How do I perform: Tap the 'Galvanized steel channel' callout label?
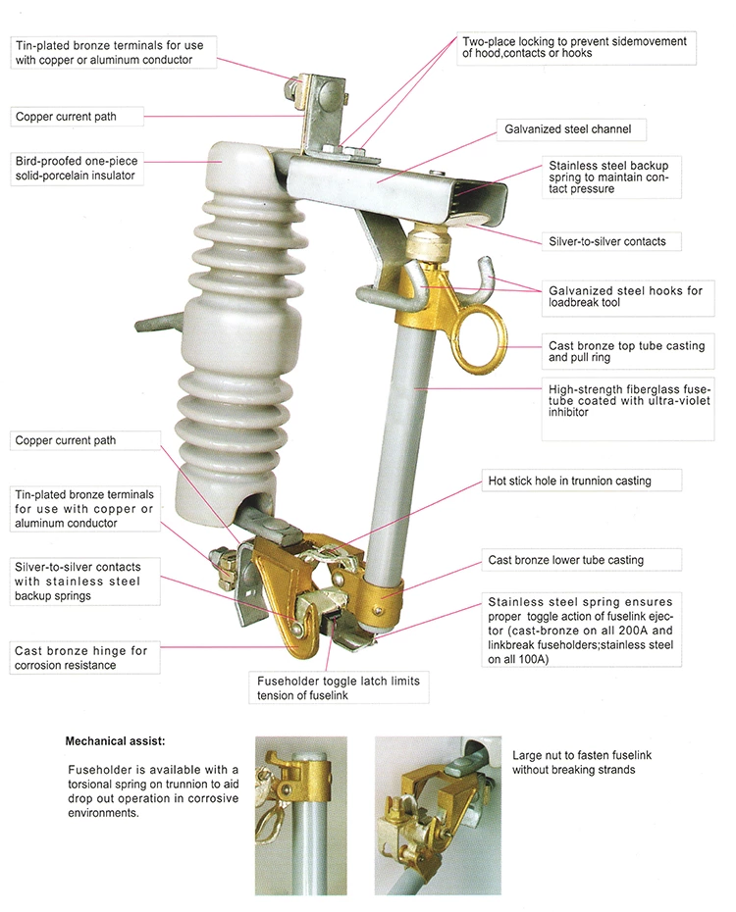click(x=567, y=128)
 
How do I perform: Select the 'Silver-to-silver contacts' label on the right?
click(x=608, y=241)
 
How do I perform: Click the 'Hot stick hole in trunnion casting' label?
click(x=569, y=481)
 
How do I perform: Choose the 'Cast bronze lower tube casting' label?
click(x=565, y=560)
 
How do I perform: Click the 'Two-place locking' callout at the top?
click(x=575, y=46)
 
